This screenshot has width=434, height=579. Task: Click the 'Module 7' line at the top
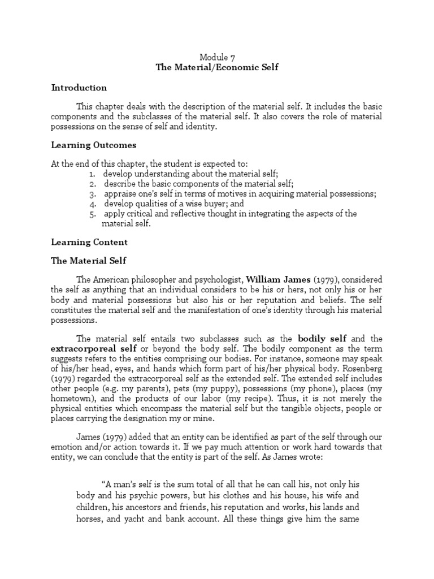(217, 57)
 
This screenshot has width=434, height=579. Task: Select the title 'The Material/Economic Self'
(217, 67)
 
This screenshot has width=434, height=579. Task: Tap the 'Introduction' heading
(79, 88)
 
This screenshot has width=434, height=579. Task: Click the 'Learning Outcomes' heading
(93, 145)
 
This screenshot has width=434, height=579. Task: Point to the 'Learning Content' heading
(89, 242)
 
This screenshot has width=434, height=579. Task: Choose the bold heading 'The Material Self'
(89, 261)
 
